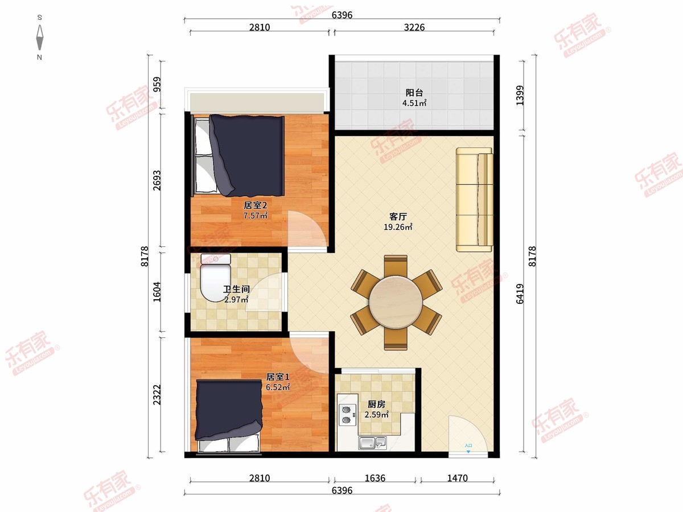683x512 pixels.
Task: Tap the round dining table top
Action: tap(396, 302)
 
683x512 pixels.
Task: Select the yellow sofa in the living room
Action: tap(475, 200)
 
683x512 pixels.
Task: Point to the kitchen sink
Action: tap(372, 443)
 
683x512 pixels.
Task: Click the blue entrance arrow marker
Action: tap(468, 452)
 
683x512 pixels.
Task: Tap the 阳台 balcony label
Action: tap(414, 93)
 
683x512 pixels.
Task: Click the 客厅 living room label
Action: tap(398, 216)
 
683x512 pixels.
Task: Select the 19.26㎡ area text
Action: tap(398, 227)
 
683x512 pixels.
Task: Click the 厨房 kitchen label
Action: tap(377, 404)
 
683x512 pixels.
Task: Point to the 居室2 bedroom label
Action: tap(255, 205)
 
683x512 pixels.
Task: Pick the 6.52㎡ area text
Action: tap(278, 387)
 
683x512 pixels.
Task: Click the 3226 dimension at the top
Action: tap(414, 27)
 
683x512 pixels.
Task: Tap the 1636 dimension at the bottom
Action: tap(375, 478)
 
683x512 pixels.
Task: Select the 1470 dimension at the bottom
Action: tap(458, 478)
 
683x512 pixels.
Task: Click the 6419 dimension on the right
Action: tap(520, 294)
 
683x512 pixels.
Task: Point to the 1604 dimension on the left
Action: tap(157, 292)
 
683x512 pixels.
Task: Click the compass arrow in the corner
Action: tap(39, 38)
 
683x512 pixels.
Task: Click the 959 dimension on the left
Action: tap(158, 84)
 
